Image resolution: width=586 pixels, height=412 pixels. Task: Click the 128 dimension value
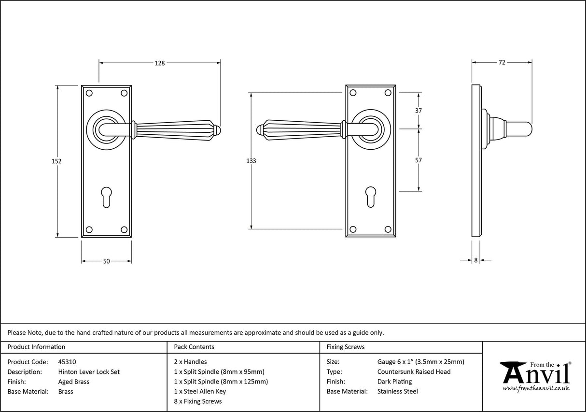(160, 63)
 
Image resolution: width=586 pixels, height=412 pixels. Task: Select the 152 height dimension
(57, 161)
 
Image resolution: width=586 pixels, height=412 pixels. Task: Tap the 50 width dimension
(107, 261)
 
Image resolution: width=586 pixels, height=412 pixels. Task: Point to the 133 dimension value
(251, 161)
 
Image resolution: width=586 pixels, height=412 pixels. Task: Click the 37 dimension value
(419, 111)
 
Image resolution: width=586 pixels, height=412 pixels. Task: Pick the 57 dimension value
(419, 160)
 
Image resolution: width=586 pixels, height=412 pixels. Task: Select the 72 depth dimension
(502, 62)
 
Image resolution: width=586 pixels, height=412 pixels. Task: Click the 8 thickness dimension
(475, 260)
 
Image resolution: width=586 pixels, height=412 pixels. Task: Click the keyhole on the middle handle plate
(371, 197)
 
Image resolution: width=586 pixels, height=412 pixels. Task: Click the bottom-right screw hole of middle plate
(388, 229)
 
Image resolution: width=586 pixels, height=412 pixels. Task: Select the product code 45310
(67, 362)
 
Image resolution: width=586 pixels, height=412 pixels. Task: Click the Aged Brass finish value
(73, 382)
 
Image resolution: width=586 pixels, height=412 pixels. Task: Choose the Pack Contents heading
(194, 347)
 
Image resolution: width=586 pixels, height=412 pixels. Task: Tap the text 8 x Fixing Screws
(198, 401)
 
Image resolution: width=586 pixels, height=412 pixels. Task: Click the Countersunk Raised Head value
(414, 371)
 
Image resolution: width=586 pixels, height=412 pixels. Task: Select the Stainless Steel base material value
(397, 391)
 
